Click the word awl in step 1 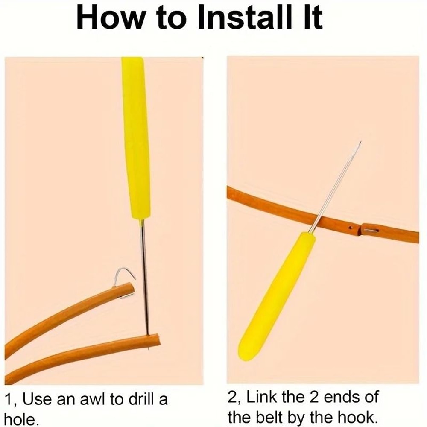click(93, 400)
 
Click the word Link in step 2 click(261, 397)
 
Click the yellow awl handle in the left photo click(136, 137)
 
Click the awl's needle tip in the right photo click(361, 142)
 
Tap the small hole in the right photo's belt click(351, 228)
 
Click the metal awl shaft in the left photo click(144, 276)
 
